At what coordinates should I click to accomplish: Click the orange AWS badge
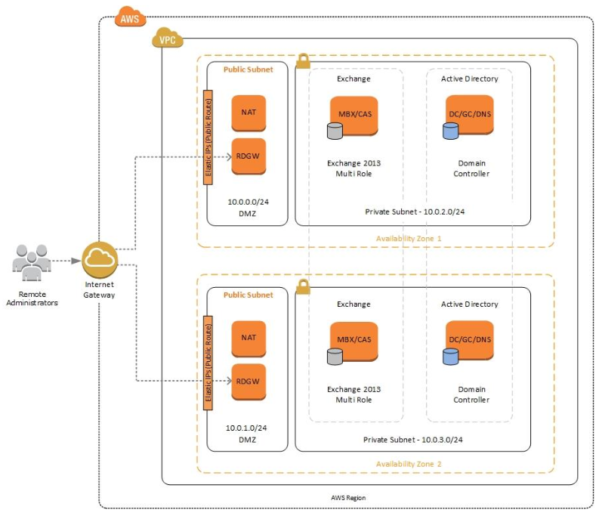[131, 18]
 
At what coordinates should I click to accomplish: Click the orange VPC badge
[168, 39]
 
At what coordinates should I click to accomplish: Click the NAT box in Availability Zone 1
[249, 113]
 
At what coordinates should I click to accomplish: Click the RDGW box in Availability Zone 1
[249, 155]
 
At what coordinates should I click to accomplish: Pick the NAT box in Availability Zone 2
[249, 338]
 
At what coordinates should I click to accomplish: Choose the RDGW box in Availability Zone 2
[249, 380]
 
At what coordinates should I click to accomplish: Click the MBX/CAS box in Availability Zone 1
[354, 114]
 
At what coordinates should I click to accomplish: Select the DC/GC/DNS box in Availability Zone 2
[469, 340]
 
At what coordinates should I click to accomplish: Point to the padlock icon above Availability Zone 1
[303, 60]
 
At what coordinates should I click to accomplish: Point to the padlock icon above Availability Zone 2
[303, 286]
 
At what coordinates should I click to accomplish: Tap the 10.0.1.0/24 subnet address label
[247, 428]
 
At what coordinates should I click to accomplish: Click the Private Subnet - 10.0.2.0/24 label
[414, 212]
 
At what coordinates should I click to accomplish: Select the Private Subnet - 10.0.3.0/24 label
[413, 439]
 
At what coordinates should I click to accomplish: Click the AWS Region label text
[348, 498]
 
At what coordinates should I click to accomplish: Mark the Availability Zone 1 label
[409, 239]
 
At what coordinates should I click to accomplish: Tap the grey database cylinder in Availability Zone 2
[335, 356]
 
